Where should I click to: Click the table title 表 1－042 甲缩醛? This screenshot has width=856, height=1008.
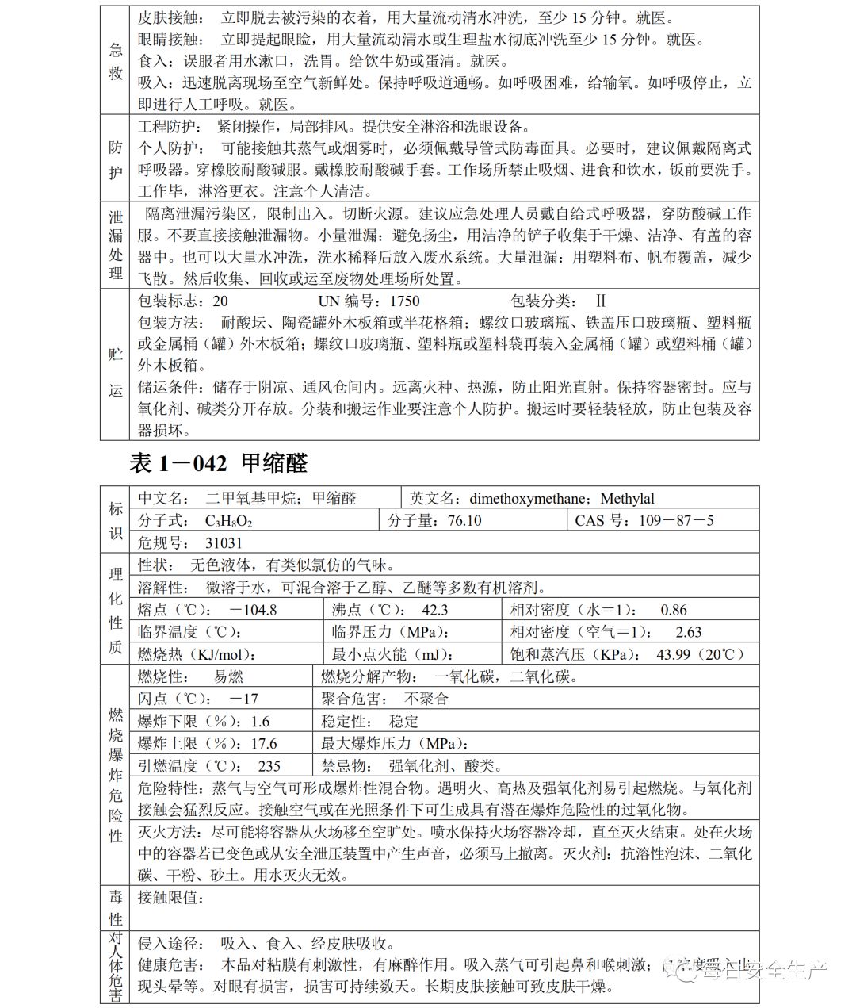click(x=218, y=463)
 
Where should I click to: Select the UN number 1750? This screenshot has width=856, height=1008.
click(x=405, y=301)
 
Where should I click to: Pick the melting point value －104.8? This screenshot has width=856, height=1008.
click(x=252, y=610)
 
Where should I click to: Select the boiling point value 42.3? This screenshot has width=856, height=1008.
click(x=434, y=610)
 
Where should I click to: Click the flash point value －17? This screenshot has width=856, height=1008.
click(x=243, y=699)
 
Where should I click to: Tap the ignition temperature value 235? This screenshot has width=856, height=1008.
click(x=269, y=766)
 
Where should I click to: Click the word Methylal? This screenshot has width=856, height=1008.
click(x=627, y=499)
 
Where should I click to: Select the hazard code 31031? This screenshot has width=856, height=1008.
click(x=224, y=543)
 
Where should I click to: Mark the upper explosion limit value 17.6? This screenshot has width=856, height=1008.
click(x=264, y=744)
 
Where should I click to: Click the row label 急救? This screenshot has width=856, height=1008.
click(x=116, y=61)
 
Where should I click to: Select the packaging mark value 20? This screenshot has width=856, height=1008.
click(x=220, y=301)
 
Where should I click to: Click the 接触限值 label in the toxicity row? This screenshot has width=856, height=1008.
click(x=171, y=898)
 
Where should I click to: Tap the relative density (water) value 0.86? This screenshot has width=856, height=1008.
click(x=674, y=610)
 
